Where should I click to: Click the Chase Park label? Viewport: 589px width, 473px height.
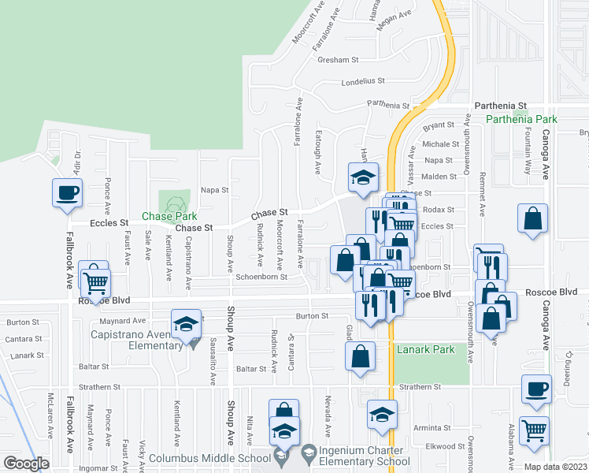click(x=169, y=216)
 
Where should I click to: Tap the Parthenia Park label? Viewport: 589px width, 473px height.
click(x=520, y=119)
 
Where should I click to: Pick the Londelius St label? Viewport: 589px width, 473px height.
click(x=363, y=81)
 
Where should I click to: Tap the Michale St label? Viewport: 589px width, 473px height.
click(x=440, y=144)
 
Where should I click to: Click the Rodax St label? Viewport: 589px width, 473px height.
click(x=439, y=210)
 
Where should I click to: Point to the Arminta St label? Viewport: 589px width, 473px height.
click(x=431, y=427)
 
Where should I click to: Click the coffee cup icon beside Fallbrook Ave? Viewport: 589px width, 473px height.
click(x=68, y=192)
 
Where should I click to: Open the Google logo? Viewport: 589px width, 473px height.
click(x=26, y=464)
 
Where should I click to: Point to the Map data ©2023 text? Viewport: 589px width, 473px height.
click(x=556, y=467)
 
